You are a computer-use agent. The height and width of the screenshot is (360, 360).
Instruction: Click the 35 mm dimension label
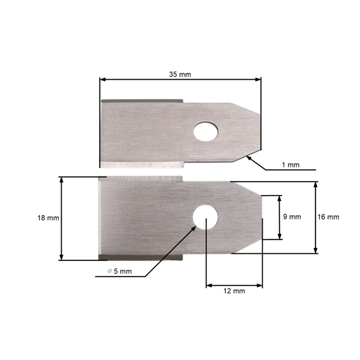point(180,74)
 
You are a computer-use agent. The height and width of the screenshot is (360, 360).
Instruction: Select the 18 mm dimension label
point(48,218)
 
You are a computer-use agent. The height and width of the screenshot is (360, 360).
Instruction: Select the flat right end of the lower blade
point(262,217)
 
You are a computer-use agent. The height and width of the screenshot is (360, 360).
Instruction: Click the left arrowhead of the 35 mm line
point(103,79)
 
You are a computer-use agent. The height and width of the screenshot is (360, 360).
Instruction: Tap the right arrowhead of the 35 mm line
point(259,79)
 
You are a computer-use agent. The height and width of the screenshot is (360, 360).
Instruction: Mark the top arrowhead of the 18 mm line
point(61,179)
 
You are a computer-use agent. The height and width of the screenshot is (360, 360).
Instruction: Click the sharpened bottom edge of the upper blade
point(141,164)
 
